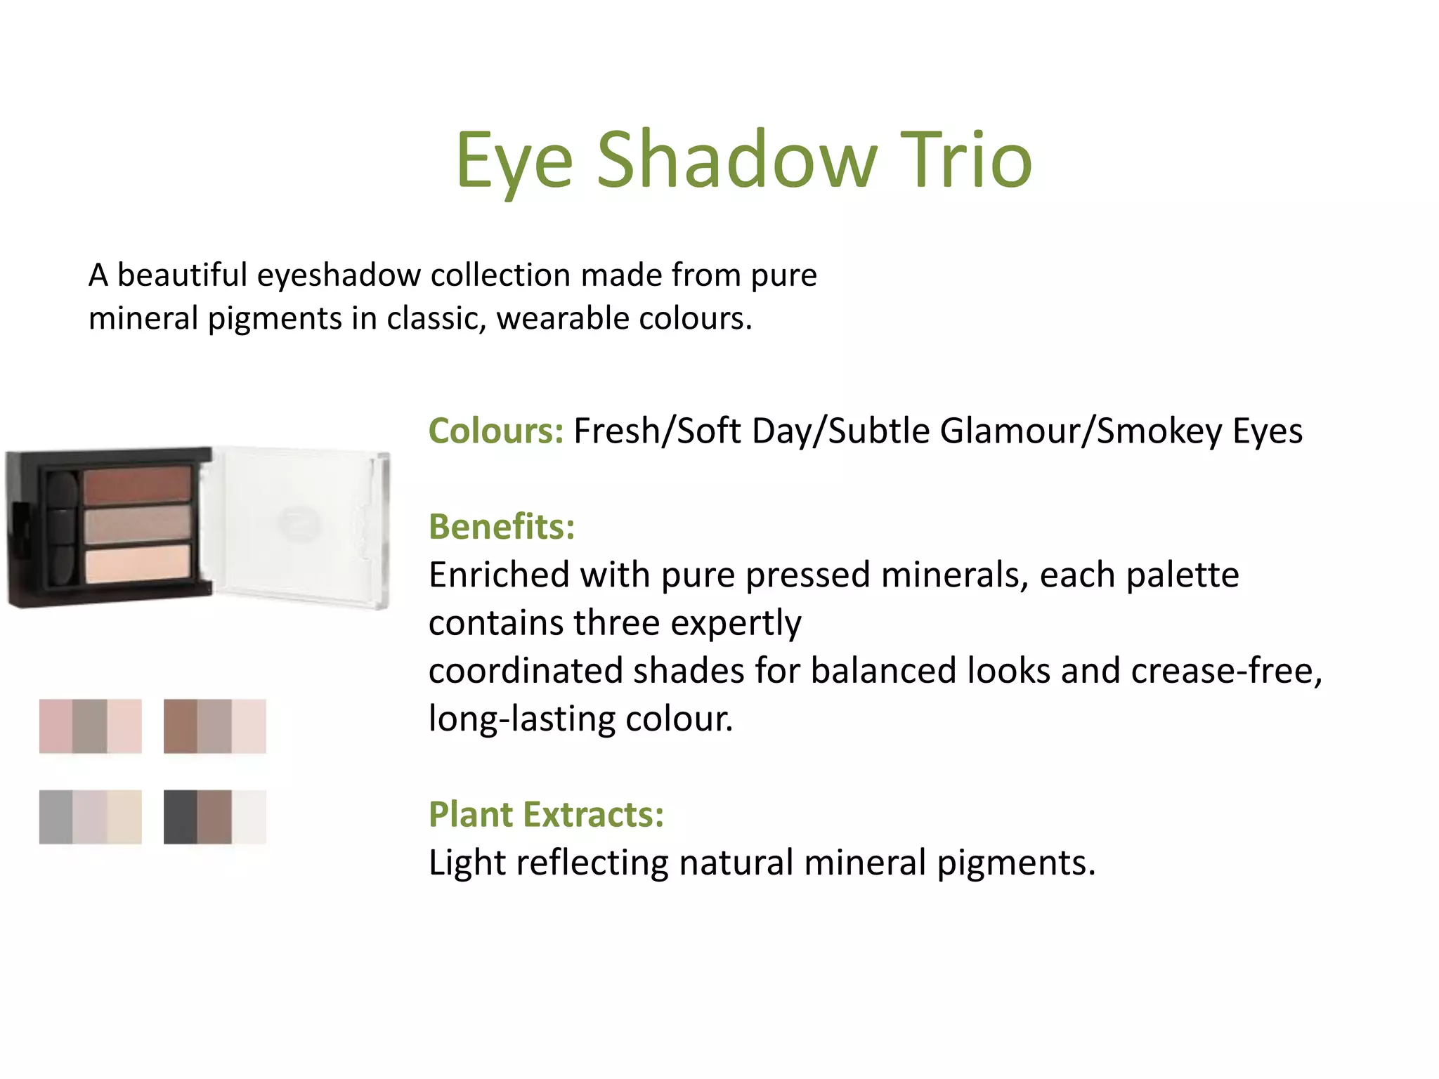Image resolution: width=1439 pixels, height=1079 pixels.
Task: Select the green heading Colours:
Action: (496, 431)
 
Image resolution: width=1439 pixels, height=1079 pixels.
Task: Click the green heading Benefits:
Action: (502, 526)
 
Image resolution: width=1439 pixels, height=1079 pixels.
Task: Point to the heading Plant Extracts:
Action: (546, 814)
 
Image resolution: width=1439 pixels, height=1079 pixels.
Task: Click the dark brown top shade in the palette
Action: (138, 485)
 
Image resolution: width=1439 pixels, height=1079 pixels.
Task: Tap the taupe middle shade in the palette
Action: (138, 525)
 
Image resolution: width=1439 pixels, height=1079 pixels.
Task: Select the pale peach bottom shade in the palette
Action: (138, 563)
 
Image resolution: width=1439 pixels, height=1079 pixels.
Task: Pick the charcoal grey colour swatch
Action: (180, 817)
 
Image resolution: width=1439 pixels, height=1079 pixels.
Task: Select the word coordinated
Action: (526, 670)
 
